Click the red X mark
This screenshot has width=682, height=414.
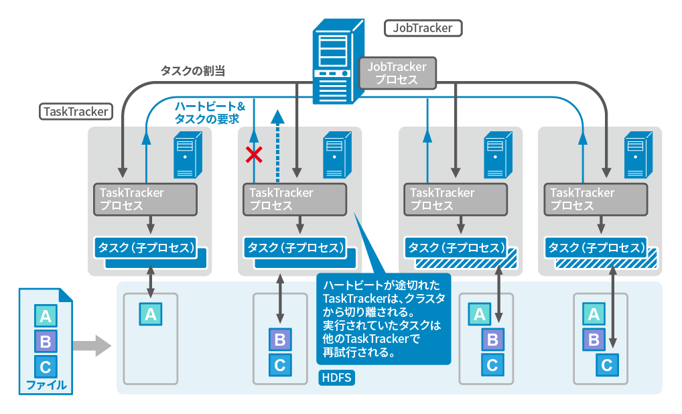253,155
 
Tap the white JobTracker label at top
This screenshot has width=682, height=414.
423,28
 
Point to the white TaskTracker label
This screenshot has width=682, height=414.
75,111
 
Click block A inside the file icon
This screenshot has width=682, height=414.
46,316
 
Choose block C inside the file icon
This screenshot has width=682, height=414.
46,366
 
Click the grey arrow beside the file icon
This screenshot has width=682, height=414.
92,346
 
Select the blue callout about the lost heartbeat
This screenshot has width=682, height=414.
383,319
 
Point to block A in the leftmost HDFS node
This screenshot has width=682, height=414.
151,314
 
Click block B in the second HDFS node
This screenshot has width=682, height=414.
280,340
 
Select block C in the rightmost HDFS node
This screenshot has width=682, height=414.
607,365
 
